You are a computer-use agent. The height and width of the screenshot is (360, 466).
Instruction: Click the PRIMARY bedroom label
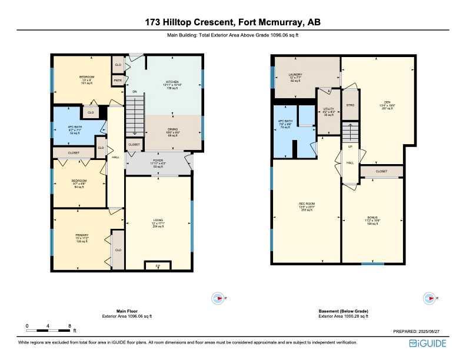coord(81,235)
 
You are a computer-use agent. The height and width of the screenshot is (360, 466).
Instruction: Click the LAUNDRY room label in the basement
coord(295,75)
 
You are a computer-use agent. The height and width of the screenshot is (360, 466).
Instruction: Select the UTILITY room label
coord(328,109)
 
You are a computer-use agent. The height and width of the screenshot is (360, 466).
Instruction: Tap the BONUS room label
coord(372,217)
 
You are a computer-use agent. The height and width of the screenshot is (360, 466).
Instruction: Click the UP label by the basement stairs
coord(351,147)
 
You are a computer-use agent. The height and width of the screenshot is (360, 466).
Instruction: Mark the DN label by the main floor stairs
coord(134,92)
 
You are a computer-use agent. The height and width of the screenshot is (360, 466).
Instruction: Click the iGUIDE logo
coord(431,344)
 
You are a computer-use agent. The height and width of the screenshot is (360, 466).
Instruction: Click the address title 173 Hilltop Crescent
coord(233,22)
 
